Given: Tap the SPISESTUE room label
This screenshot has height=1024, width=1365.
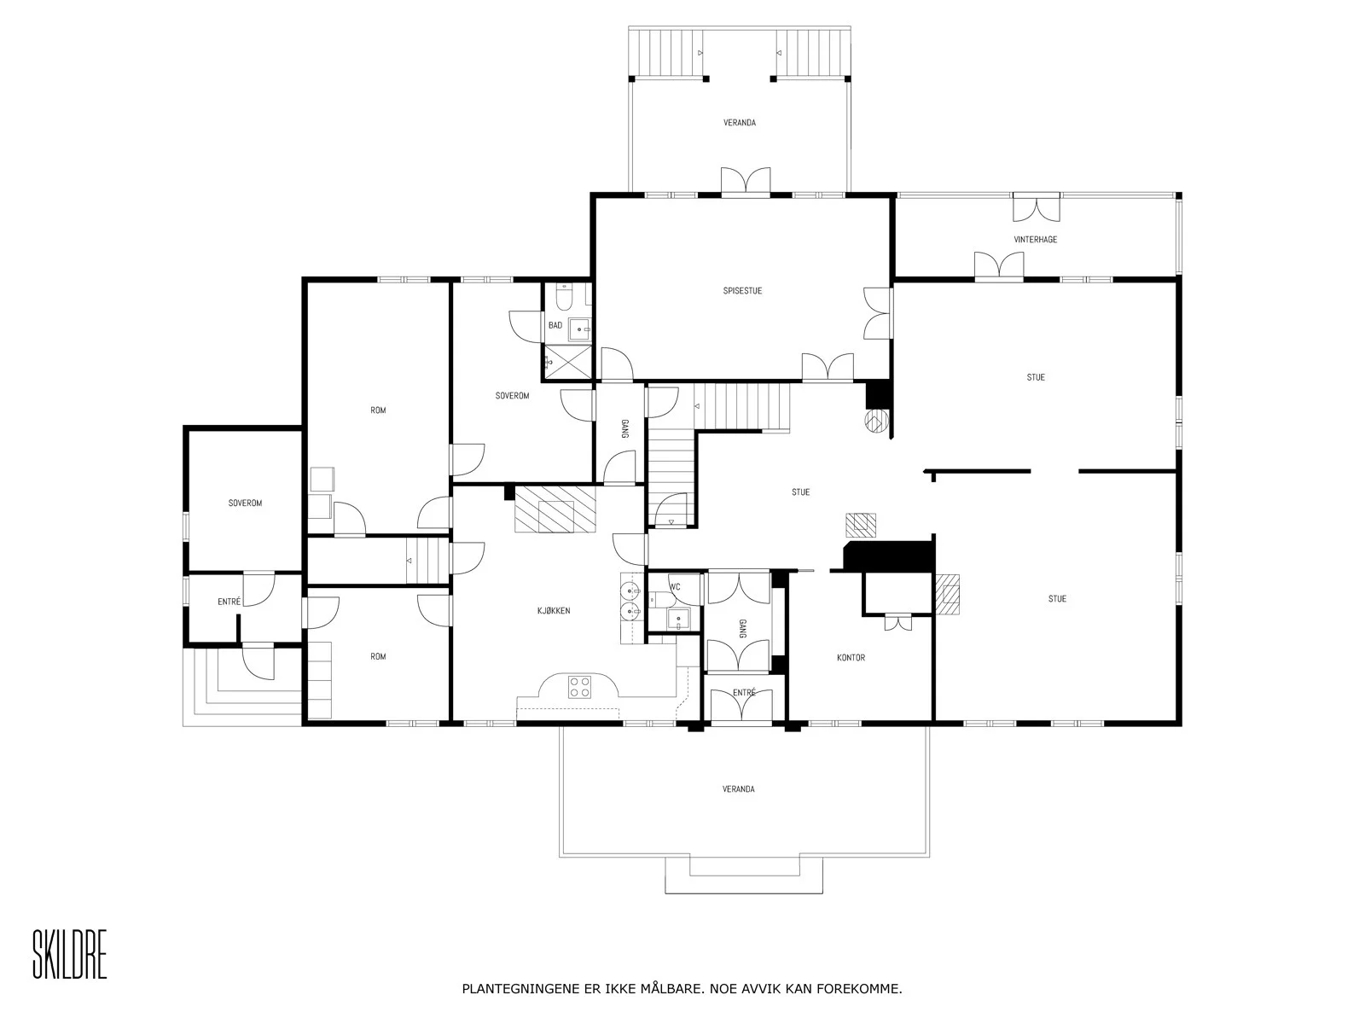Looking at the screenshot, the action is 742,290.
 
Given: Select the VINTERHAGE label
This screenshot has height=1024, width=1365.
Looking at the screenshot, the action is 1035,240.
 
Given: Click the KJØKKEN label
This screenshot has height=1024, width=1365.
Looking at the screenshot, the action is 554,610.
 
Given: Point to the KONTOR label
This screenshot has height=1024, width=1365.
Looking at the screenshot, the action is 851,657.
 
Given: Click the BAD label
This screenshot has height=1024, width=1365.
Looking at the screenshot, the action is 555,325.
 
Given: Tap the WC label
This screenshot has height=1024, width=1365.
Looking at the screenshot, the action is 675,586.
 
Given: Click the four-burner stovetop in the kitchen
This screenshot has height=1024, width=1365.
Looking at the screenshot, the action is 579,687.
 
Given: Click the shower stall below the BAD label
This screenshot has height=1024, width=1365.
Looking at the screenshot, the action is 568,361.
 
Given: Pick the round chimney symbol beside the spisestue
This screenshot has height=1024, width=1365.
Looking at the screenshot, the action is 876,421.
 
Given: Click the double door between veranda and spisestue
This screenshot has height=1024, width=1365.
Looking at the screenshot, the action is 746,181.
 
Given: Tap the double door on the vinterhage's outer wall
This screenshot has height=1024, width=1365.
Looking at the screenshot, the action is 1036,207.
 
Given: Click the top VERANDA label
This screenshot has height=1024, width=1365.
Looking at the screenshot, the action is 740,123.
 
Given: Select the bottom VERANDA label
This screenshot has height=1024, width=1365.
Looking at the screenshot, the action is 738,789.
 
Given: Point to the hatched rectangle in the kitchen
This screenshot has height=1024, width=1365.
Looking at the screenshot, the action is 555,509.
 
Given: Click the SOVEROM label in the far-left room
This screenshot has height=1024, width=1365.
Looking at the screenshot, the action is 245,503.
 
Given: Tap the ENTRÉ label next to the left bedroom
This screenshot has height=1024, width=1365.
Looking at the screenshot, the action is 229,602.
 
